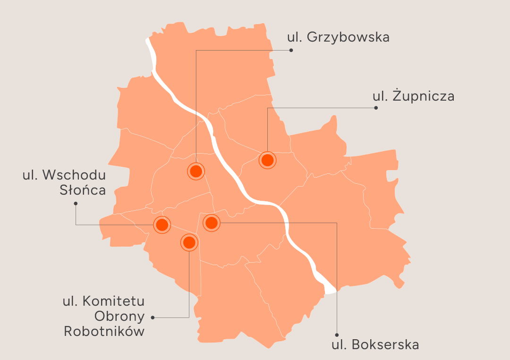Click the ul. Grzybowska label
pyautogui.click(x=338, y=37)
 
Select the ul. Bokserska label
pyautogui.click(x=375, y=344)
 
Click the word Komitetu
pyautogui.click(x=113, y=301)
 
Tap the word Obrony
pyautogui.click(x=119, y=316)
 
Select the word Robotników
pyautogui.click(x=104, y=331)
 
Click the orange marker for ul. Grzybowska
pyautogui.click(x=196, y=171)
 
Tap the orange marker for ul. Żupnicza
pyautogui.click(x=268, y=160)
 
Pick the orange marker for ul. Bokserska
pyautogui.click(x=212, y=222)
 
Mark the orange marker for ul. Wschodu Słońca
pyautogui.click(x=161, y=225)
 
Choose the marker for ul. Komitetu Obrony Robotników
pyautogui.click(x=189, y=243)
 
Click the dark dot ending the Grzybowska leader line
pyautogui.click(x=291, y=50)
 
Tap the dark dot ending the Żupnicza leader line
pyautogui.click(x=376, y=108)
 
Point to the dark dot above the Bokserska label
pyautogui.click(x=337, y=333)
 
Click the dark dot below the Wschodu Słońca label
pyautogui.click(x=76, y=204)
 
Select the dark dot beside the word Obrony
pyautogui.click(x=153, y=317)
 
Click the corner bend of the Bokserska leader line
pyautogui.click(x=337, y=222)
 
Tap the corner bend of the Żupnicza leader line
pyautogui.click(x=268, y=108)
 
